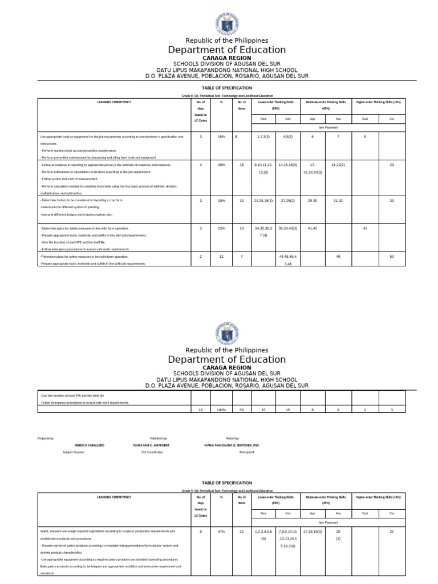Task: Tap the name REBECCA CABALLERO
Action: point(90,445)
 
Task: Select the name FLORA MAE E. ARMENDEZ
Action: point(152,445)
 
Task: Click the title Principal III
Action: point(247,452)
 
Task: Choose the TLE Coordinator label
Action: point(152,452)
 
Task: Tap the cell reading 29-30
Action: point(312,201)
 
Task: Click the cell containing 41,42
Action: point(312,228)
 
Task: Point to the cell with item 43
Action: point(365,228)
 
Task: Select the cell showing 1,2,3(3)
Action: point(263,137)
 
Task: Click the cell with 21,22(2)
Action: point(338,165)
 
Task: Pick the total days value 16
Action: point(200,410)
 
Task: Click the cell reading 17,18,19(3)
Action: point(312,532)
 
